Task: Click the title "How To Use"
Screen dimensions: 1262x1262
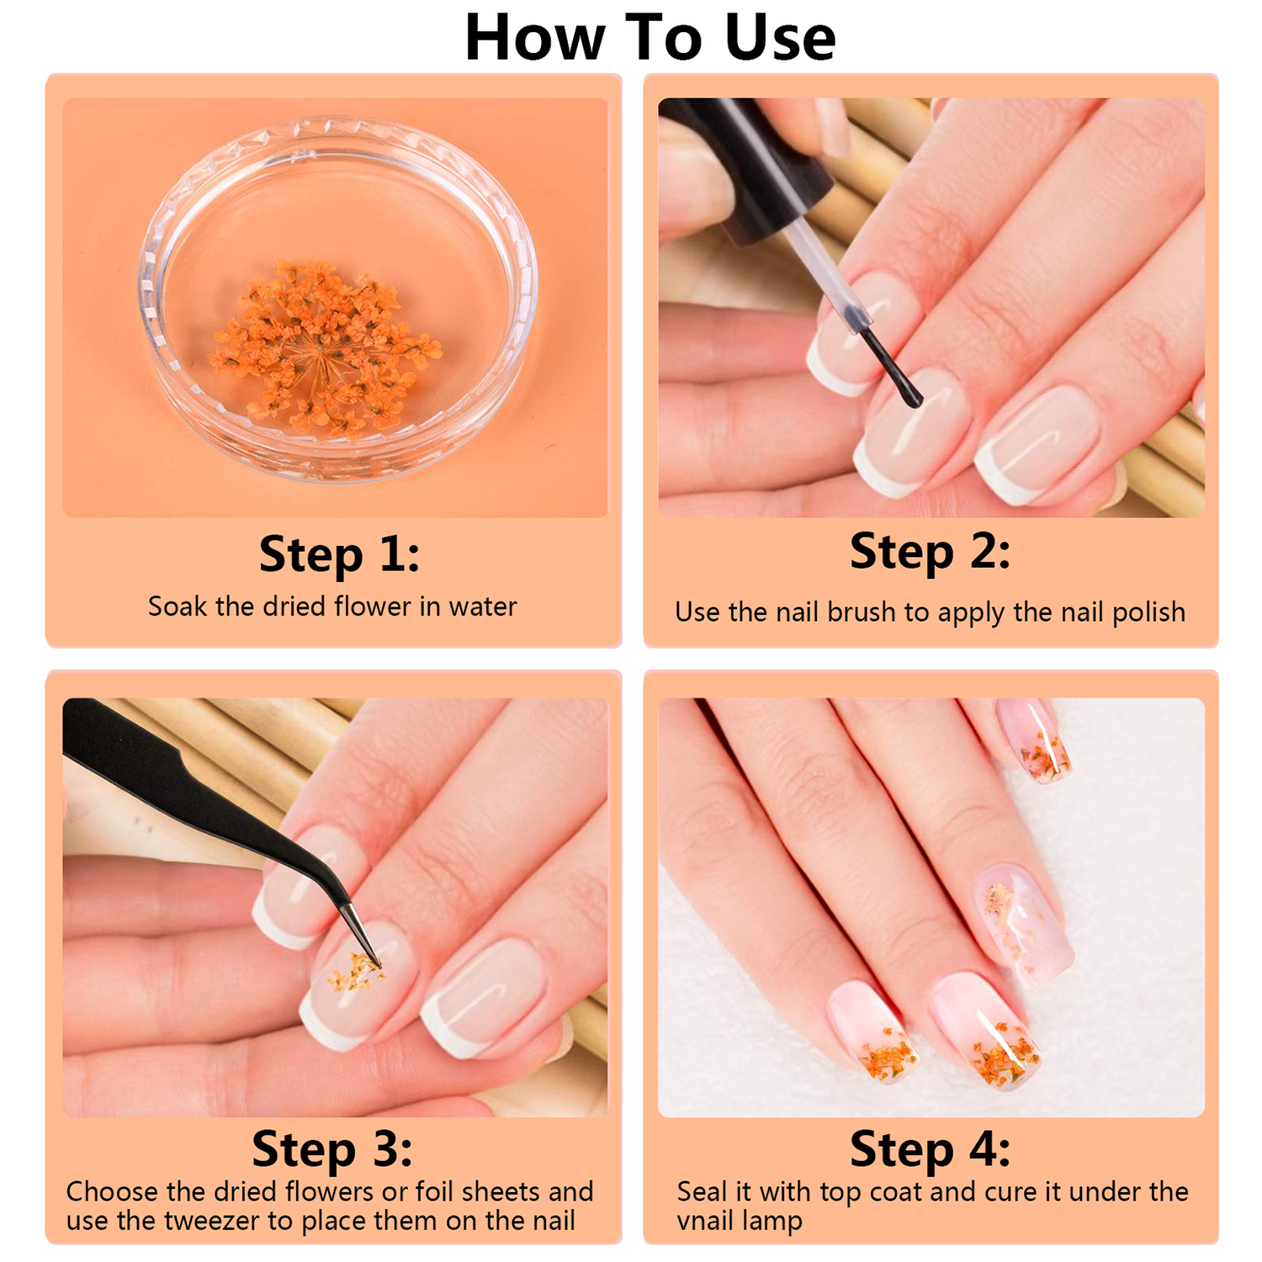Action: [x=650, y=38]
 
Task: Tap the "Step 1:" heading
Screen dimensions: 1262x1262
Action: [x=339, y=554]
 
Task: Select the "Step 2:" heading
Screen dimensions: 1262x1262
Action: [x=930, y=552]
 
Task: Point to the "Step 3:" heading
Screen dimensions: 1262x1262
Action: [x=332, y=1149]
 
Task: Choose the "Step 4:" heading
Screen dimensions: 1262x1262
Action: [x=930, y=1149]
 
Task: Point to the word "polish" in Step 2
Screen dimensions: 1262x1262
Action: [x=1148, y=612]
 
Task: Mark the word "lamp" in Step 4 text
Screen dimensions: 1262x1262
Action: [x=771, y=1222]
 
